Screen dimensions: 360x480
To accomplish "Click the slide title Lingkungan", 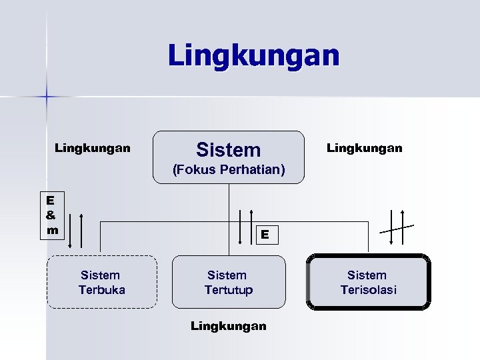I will click(x=254, y=55).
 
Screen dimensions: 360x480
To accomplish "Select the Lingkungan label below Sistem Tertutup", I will click(x=229, y=326).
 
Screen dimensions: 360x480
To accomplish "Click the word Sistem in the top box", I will click(x=229, y=149).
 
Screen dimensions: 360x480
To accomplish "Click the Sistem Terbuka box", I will click(x=102, y=282).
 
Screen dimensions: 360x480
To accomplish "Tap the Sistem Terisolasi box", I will click(x=367, y=282).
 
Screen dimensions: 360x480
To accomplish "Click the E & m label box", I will click(x=51, y=214).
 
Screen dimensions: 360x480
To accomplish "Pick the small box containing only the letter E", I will click(x=265, y=234).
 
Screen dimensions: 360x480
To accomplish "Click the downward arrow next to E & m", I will click(x=68, y=231).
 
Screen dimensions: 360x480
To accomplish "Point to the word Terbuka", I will click(x=102, y=289).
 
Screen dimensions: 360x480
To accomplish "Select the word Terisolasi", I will click(x=367, y=289).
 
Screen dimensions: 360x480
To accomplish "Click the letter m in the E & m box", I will click(x=51, y=229).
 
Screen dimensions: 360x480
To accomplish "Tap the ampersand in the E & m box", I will click(x=51, y=214).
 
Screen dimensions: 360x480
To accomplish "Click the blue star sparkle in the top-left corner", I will click(x=47, y=97).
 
